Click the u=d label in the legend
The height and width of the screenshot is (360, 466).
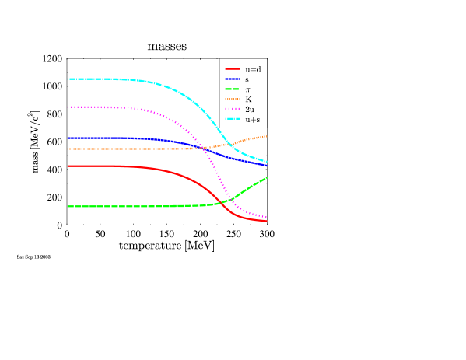[x=253, y=69]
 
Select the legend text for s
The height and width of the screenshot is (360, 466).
[x=247, y=79]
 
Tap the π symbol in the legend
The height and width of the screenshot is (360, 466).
[x=248, y=89]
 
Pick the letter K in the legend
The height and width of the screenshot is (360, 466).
[x=248, y=100]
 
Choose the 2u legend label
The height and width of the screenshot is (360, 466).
[x=250, y=110]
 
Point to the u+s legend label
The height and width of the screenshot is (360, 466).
[x=252, y=120]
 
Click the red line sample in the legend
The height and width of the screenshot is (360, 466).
[x=233, y=69]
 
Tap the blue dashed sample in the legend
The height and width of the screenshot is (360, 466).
[x=233, y=79]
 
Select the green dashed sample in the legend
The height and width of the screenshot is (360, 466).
[x=233, y=89]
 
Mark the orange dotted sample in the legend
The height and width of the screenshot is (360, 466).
[x=233, y=100]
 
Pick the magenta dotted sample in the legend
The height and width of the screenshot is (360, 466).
[x=233, y=110]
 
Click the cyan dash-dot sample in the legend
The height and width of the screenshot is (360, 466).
[x=233, y=120]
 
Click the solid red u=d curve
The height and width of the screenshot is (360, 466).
[x=117, y=166]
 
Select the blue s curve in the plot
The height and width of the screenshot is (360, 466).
[x=117, y=138]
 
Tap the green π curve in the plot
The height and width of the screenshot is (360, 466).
[x=117, y=206]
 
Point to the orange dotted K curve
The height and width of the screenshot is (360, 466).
[x=117, y=149]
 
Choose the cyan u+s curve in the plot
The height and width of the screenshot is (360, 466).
[x=117, y=79]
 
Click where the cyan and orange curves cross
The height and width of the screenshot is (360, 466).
[x=228, y=143]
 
